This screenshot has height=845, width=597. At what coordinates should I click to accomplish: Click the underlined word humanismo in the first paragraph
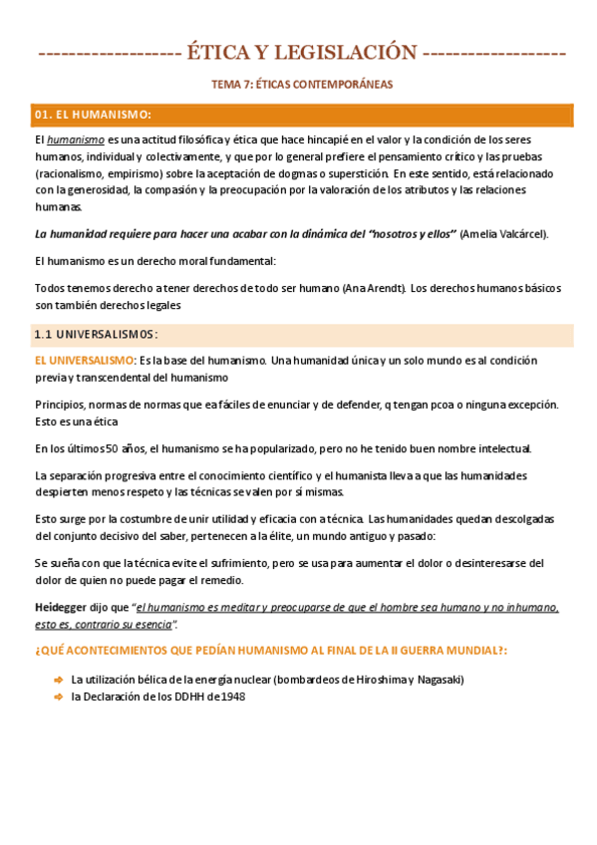(76, 141)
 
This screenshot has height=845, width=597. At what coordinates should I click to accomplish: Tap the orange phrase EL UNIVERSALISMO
(84, 360)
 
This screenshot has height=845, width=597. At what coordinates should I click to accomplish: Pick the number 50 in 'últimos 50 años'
(112, 448)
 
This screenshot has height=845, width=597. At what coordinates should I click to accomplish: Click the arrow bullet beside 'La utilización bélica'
(58, 680)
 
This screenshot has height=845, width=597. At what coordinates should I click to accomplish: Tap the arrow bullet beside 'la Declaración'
(58, 697)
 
